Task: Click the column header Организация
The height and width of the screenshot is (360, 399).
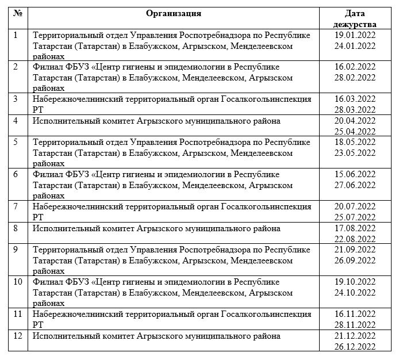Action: pos(173,13)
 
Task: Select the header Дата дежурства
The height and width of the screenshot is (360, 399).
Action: pos(355,19)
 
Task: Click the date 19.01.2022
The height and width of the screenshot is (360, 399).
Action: pos(355,35)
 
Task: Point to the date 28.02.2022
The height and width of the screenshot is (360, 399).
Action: pos(355,78)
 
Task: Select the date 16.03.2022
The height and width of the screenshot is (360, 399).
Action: pos(355,99)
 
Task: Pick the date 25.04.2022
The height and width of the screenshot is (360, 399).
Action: pos(355,131)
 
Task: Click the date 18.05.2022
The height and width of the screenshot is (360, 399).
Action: pos(355,142)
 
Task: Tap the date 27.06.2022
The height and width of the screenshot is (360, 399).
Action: pos(355,185)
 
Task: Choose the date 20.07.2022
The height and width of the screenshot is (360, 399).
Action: pos(355,206)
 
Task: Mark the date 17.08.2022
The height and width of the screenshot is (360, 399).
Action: pos(355,228)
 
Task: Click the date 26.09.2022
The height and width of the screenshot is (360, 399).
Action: pos(355,261)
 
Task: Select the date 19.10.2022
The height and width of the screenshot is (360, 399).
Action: pos(355,282)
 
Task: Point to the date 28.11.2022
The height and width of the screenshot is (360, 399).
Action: pos(355,324)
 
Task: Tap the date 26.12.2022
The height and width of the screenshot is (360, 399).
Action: pos(355,346)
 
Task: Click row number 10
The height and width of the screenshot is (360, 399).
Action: pos(18,282)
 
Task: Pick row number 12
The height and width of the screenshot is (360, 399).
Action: pos(18,335)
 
